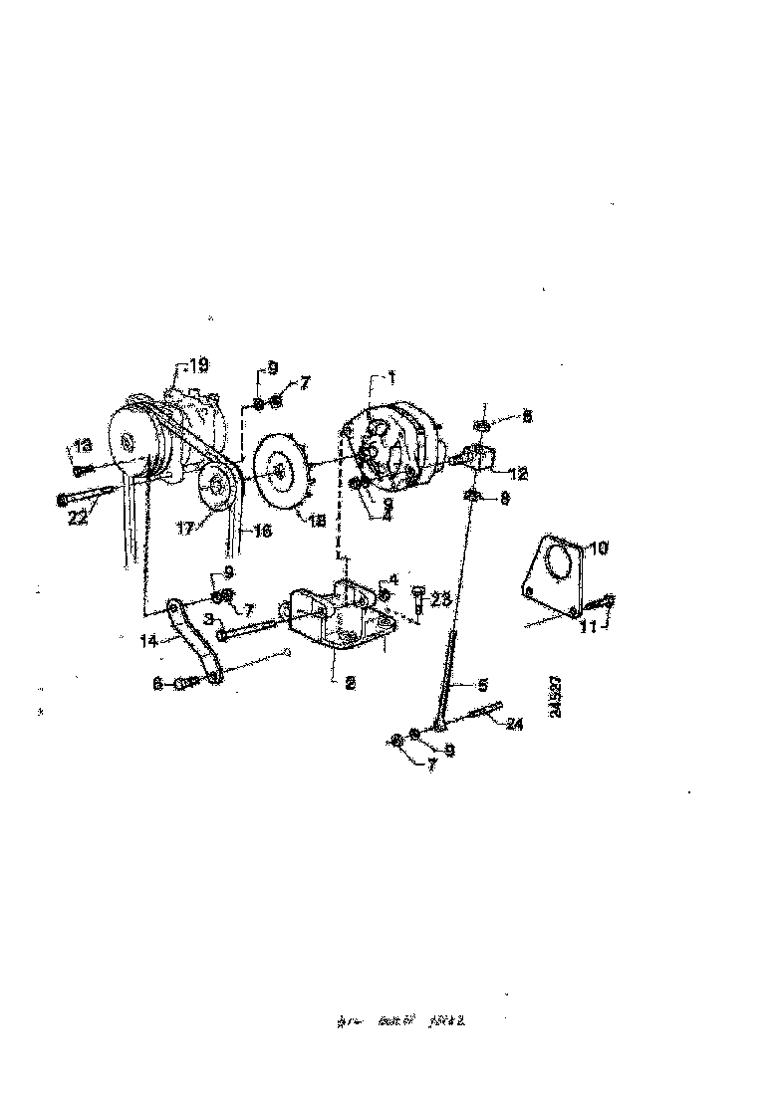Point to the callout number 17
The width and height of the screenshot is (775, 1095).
pyautogui.click(x=185, y=530)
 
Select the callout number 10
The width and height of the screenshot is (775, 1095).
pyautogui.click(x=596, y=548)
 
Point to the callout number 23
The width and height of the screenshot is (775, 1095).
pyautogui.click(x=442, y=599)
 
